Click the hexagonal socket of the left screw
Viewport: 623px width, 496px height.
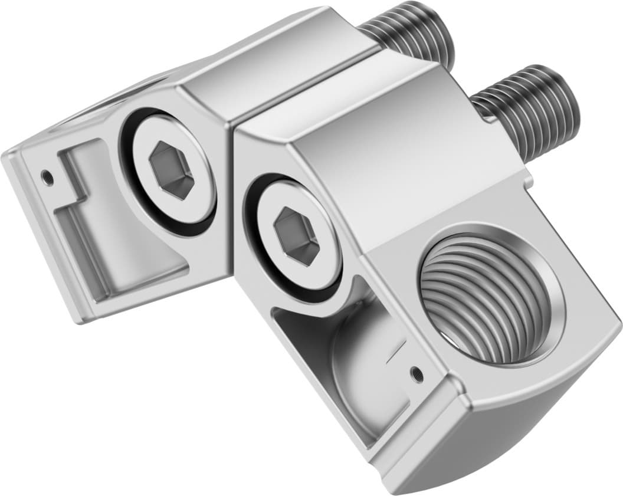click(x=172, y=170)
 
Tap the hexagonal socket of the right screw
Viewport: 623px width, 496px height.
click(x=297, y=235)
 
